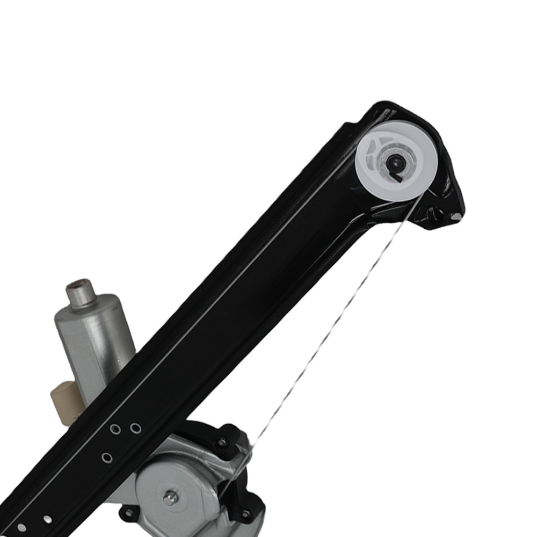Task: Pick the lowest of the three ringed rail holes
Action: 107,458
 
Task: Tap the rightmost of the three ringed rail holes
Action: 135,428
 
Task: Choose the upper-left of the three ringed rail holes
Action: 114,430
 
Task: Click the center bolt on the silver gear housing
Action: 170,497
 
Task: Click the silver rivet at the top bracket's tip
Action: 455,216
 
